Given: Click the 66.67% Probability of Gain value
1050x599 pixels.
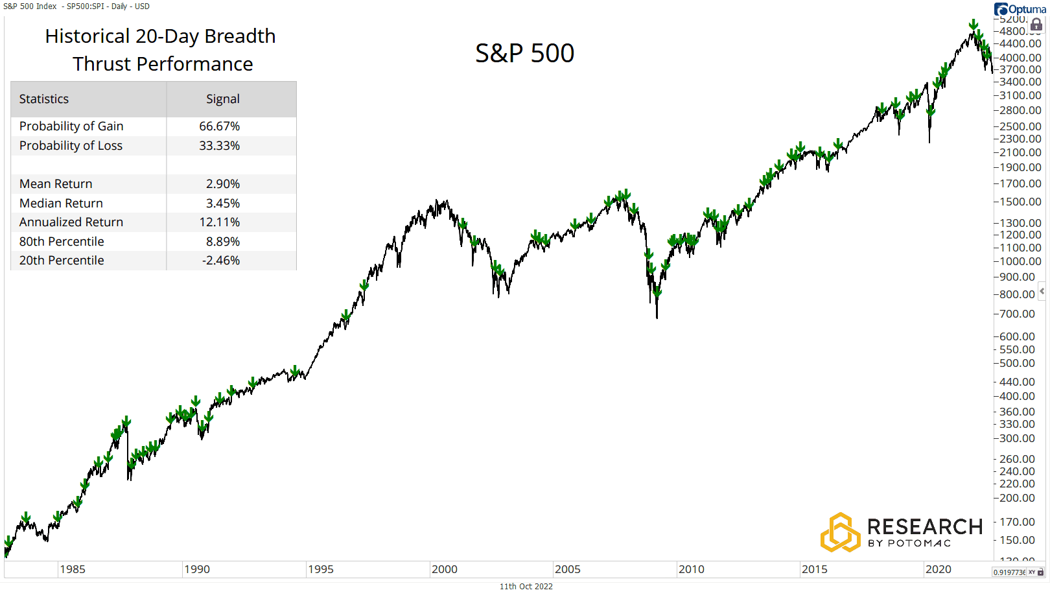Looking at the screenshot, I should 219,126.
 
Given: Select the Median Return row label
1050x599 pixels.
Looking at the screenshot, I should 61,204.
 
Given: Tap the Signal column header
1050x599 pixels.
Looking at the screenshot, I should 222,99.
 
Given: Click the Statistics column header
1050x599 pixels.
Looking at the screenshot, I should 44,99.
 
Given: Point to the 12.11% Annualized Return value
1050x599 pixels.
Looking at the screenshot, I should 219,222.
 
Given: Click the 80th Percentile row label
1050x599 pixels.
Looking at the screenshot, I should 62,242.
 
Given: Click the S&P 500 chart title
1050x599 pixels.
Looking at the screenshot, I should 524,53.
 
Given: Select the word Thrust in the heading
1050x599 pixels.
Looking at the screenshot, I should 103,64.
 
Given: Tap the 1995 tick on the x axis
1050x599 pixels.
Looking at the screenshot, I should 320,569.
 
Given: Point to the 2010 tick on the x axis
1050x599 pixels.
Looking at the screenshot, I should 691,569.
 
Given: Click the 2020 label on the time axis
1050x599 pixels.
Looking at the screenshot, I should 938,569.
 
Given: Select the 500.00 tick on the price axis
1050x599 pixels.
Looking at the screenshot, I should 1017,363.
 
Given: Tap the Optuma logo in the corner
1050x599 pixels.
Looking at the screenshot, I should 1020,9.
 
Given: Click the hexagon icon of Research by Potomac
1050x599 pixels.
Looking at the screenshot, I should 840,532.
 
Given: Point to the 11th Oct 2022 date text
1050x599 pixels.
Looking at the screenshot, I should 526,587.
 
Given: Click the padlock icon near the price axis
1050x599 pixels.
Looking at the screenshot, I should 1036,25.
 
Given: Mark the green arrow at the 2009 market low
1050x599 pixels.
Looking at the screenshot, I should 657,292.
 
